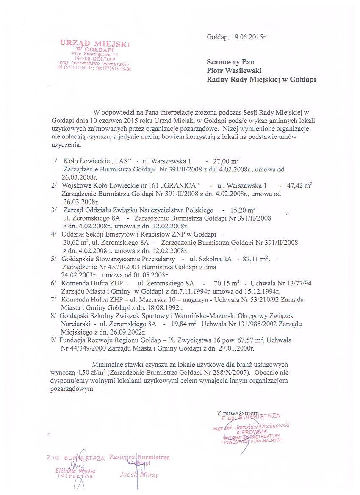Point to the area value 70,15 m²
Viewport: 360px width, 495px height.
pos(227,283)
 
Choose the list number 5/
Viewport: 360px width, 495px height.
pos(54,259)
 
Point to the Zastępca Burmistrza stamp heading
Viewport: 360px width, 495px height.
pos(139,458)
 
